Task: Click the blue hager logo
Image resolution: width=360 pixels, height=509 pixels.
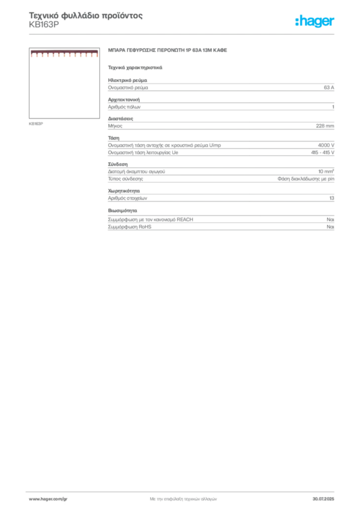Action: tap(315, 22)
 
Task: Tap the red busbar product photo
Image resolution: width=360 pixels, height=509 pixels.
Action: tap(64, 54)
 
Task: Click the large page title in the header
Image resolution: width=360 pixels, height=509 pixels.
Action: tap(87, 16)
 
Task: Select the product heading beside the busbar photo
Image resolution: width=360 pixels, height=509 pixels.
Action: tap(169, 52)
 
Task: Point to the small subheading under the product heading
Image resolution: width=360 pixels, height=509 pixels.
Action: tap(135, 67)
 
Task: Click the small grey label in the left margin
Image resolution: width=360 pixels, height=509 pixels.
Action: tap(36, 123)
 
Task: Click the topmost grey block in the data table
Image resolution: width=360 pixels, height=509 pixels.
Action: tap(221, 86)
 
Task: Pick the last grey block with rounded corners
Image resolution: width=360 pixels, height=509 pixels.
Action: tap(221, 222)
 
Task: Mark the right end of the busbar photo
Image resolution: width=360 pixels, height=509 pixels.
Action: tap(96, 54)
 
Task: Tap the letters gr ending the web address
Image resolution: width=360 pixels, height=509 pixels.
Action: tap(65, 499)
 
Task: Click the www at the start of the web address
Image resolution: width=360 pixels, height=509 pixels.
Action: tap(33, 499)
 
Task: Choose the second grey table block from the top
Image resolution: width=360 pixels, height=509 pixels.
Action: tap(221, 105)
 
